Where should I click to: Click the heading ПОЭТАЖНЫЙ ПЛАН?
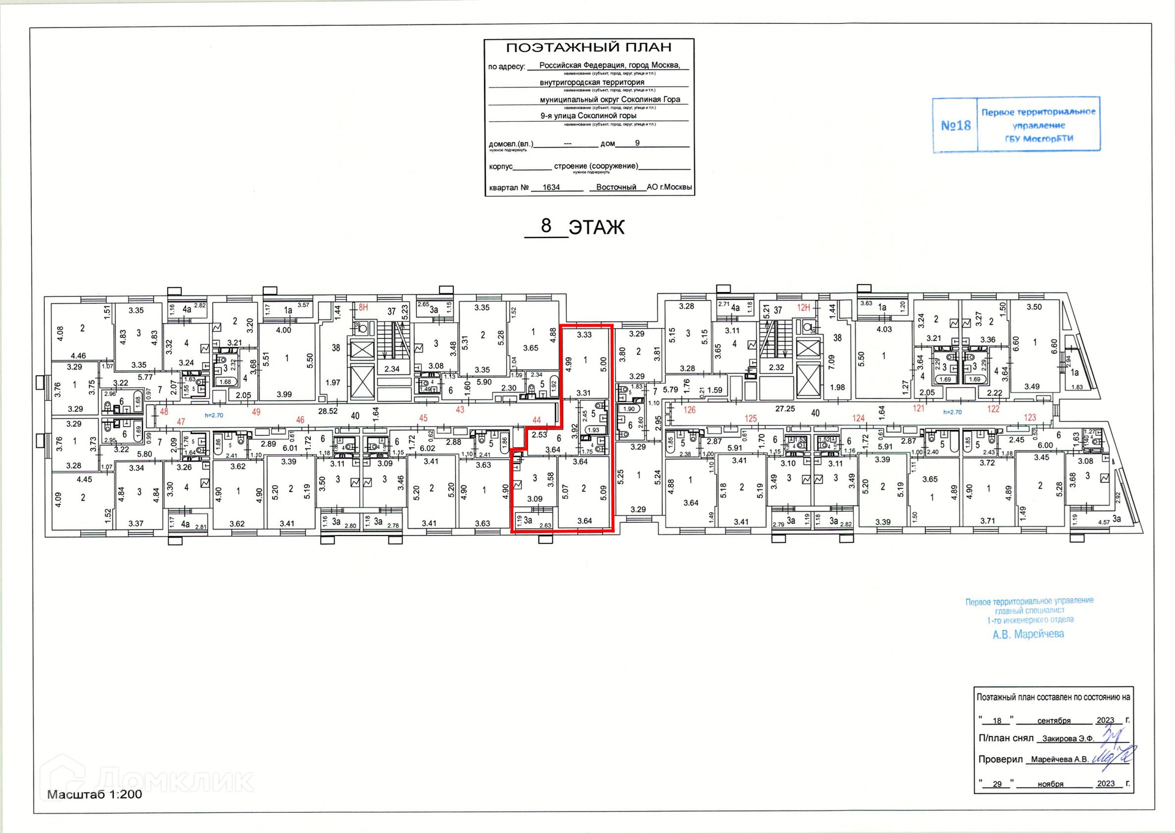tap(589, 48)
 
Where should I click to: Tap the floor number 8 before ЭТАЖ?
tap(546, 226)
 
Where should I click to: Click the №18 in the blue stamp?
tap(955, 125)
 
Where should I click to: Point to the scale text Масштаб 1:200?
tap(95, 794)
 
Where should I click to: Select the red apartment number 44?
tap(537, 420)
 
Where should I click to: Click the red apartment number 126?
tap(690, 410)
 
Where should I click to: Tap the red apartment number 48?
tap(164, 412)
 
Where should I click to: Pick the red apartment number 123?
tap(1030, 417)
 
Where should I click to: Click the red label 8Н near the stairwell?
tap(363, 308)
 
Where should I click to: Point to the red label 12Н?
tap(804, 308)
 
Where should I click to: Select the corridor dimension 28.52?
tap(327, 411)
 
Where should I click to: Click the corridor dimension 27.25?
tap(785, 408)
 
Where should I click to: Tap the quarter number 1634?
tap(551, 187)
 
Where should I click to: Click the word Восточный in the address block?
tap(616, 187)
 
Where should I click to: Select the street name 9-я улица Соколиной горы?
tap(588, 116)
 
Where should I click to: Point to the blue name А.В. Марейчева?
tap(1028, 635)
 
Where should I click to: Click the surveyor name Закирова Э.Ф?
tap(1067, 739)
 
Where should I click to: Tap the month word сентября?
tap(1054, 720)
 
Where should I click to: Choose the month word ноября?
tap(1050, 784)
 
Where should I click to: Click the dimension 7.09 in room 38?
tap(831, 362)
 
